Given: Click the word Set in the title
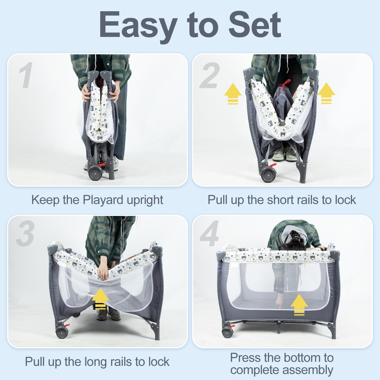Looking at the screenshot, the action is (255, 24).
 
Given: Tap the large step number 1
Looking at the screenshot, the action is (26, 75).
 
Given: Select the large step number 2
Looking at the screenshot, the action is (209, 75).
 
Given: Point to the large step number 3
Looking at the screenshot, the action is (26, 233).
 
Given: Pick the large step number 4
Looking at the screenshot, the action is (209, 233).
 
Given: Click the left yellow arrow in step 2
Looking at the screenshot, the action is (233, 93).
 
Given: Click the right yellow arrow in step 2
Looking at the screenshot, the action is (326, 93).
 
